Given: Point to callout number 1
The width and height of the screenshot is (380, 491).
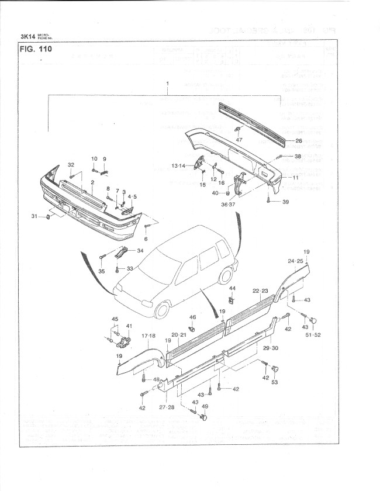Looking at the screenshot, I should (168, 84).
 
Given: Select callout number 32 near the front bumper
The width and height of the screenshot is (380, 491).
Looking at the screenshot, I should (71, 164).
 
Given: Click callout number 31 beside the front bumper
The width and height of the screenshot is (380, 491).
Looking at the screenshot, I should (34, 217).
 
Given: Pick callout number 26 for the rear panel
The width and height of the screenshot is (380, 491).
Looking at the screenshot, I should (298, 141).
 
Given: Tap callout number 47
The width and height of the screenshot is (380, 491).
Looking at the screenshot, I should (239, 140).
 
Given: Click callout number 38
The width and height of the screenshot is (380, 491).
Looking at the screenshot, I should (298, 156).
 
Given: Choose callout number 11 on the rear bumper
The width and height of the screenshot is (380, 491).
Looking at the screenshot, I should (296, 177).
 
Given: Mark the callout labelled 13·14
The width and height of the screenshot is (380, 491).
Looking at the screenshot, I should (178, 166).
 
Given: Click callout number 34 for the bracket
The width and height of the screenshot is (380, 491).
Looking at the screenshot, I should (140, 251).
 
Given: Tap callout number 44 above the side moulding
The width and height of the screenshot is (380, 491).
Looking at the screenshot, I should (232, 289).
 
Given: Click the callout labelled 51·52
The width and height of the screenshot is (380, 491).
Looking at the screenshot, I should (313, 336).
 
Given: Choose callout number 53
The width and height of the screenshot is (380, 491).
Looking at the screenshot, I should (274, 382).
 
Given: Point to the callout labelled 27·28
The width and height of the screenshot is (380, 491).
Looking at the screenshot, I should (167, 407).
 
